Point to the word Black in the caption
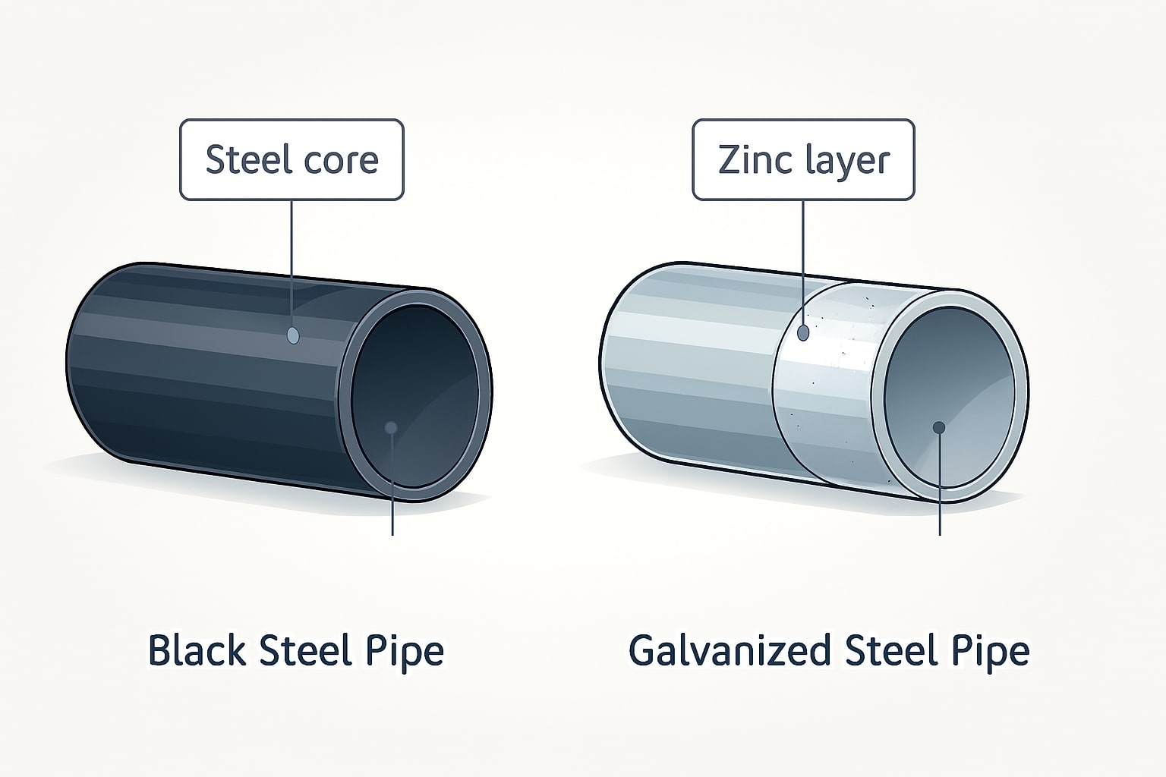196,651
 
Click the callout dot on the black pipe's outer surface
293,335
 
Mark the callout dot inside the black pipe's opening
391,428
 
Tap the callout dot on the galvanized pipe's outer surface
804,332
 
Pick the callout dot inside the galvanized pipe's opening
939,427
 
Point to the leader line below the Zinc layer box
803,258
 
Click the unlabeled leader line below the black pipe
392,501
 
